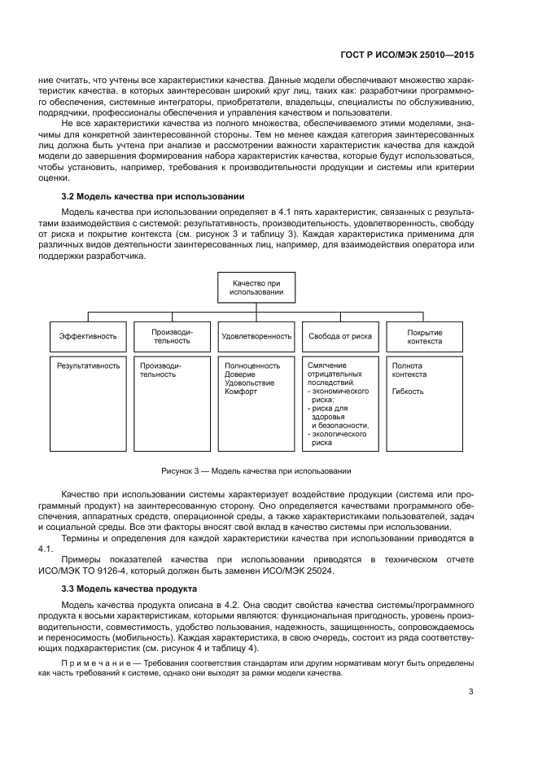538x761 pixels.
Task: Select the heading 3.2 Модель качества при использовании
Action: pos(153,197)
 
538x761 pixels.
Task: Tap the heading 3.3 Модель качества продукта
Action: pos(132,588)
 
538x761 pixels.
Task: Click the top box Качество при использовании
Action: pos(256,286)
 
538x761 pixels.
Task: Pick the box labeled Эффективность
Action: pos(88,335)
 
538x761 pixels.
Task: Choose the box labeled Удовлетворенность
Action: pos(256,335)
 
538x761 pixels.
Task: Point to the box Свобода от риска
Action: pos(339,335)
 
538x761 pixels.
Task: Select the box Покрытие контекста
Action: pos(424,335)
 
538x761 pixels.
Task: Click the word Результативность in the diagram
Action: pos(88,365)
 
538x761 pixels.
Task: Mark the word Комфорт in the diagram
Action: pos(241,391)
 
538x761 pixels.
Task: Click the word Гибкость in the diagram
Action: pos(408,391)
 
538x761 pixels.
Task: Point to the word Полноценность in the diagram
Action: pos(252,365)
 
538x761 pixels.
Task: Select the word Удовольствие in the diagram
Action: pos(249,383)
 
